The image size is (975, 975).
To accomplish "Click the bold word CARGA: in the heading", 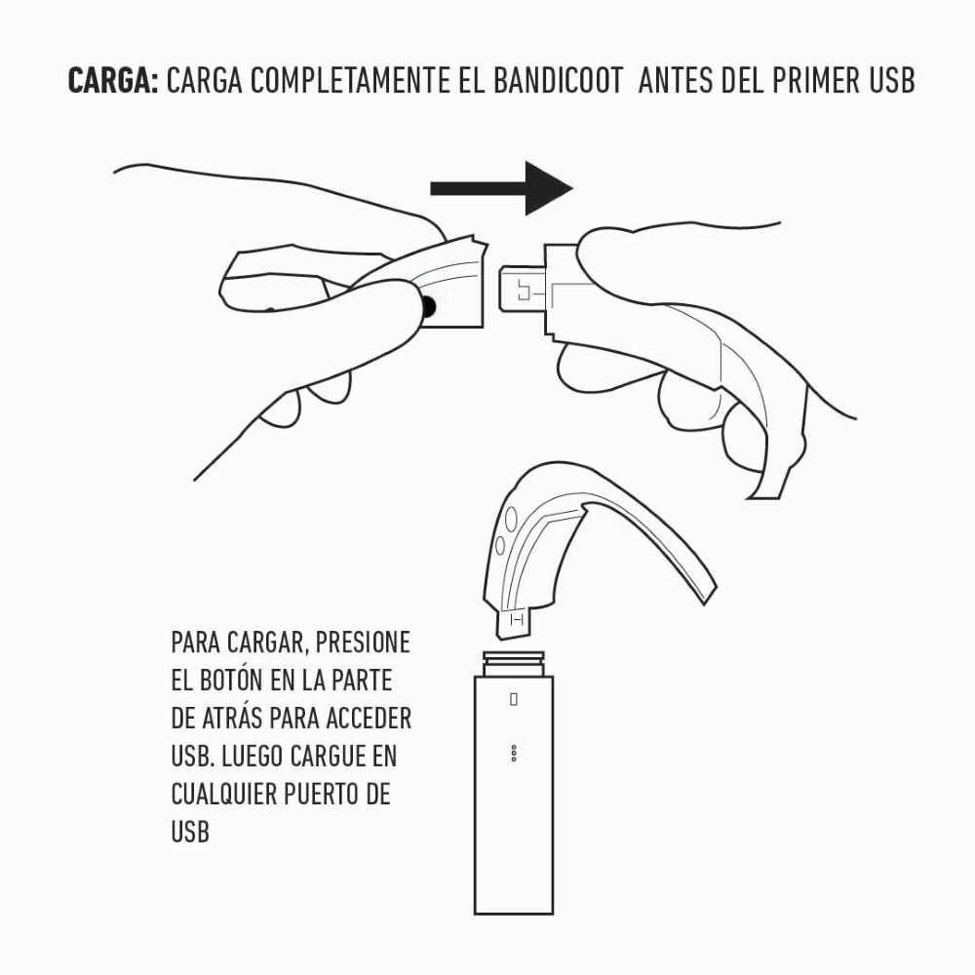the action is pyautogui.click(x=113, y=81).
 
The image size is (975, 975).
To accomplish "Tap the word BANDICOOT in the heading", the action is pyautogui.click(x=558, y=81).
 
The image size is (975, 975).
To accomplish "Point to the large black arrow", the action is pyautogui.click(x=501, y=188).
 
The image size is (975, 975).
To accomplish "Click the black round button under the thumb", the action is pyautogui.click(x=428, y=306).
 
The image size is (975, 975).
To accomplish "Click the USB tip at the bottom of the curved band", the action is pyautogui.click(x=514, y=624).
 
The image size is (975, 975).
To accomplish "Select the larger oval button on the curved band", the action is pyautogui.click(x=511, y=518).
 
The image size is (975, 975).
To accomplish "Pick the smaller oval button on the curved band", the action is pyautogui.click(x=500, y=546).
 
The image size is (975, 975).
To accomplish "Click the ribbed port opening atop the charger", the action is pyautogui.click(x=514, y=663).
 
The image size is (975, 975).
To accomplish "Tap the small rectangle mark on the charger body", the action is pyautogui.click(x=514, y=699).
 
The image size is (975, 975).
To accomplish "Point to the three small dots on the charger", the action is pyautogui.click(x=514, y=753).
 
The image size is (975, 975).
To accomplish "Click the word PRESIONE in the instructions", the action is pyautogui.click(x=363, y=643).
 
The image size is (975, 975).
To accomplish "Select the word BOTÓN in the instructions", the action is pyautogui.click(x=232, y=681).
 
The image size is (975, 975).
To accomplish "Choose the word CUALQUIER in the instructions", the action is pyautogui.click(x=224, y=795).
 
